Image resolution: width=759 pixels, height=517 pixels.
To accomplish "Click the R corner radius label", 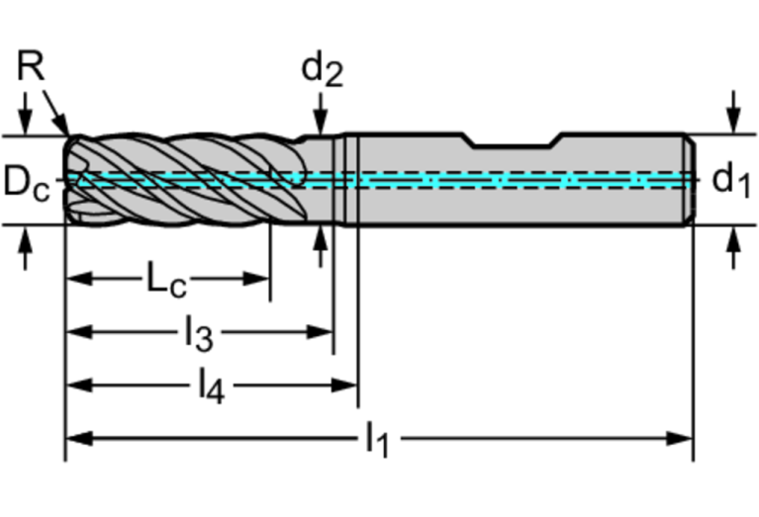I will click(32, 67).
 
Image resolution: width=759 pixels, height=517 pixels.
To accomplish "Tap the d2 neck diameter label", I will click(322, 68).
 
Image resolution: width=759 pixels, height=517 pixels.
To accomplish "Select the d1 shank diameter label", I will click(731, 179).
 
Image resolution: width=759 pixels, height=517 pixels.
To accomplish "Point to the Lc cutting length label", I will click(166, 280).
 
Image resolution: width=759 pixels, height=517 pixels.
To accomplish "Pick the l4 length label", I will click(210, 387).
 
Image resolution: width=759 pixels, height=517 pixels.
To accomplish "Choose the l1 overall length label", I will click(377, 439).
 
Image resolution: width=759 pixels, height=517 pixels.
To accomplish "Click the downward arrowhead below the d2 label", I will click(320, 124).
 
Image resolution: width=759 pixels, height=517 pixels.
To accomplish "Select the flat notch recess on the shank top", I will click(515, 145).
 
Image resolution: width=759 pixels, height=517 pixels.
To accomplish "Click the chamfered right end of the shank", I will click(689, 180).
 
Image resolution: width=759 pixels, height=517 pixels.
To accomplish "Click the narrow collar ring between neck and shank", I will click(348, 180).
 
